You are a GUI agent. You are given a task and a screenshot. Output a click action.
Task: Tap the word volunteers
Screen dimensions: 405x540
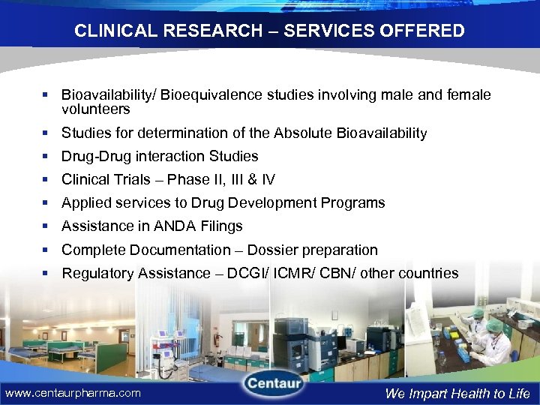[x=95, y=109]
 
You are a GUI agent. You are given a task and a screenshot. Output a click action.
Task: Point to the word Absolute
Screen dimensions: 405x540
[x=303, y=133]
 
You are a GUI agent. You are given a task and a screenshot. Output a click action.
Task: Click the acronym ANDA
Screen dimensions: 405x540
[x=178, y=226]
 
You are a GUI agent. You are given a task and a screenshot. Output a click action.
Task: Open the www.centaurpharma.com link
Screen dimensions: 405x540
[x=73, y=393]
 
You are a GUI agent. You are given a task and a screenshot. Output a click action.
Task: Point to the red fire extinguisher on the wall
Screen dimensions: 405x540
[x=214, y=339]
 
